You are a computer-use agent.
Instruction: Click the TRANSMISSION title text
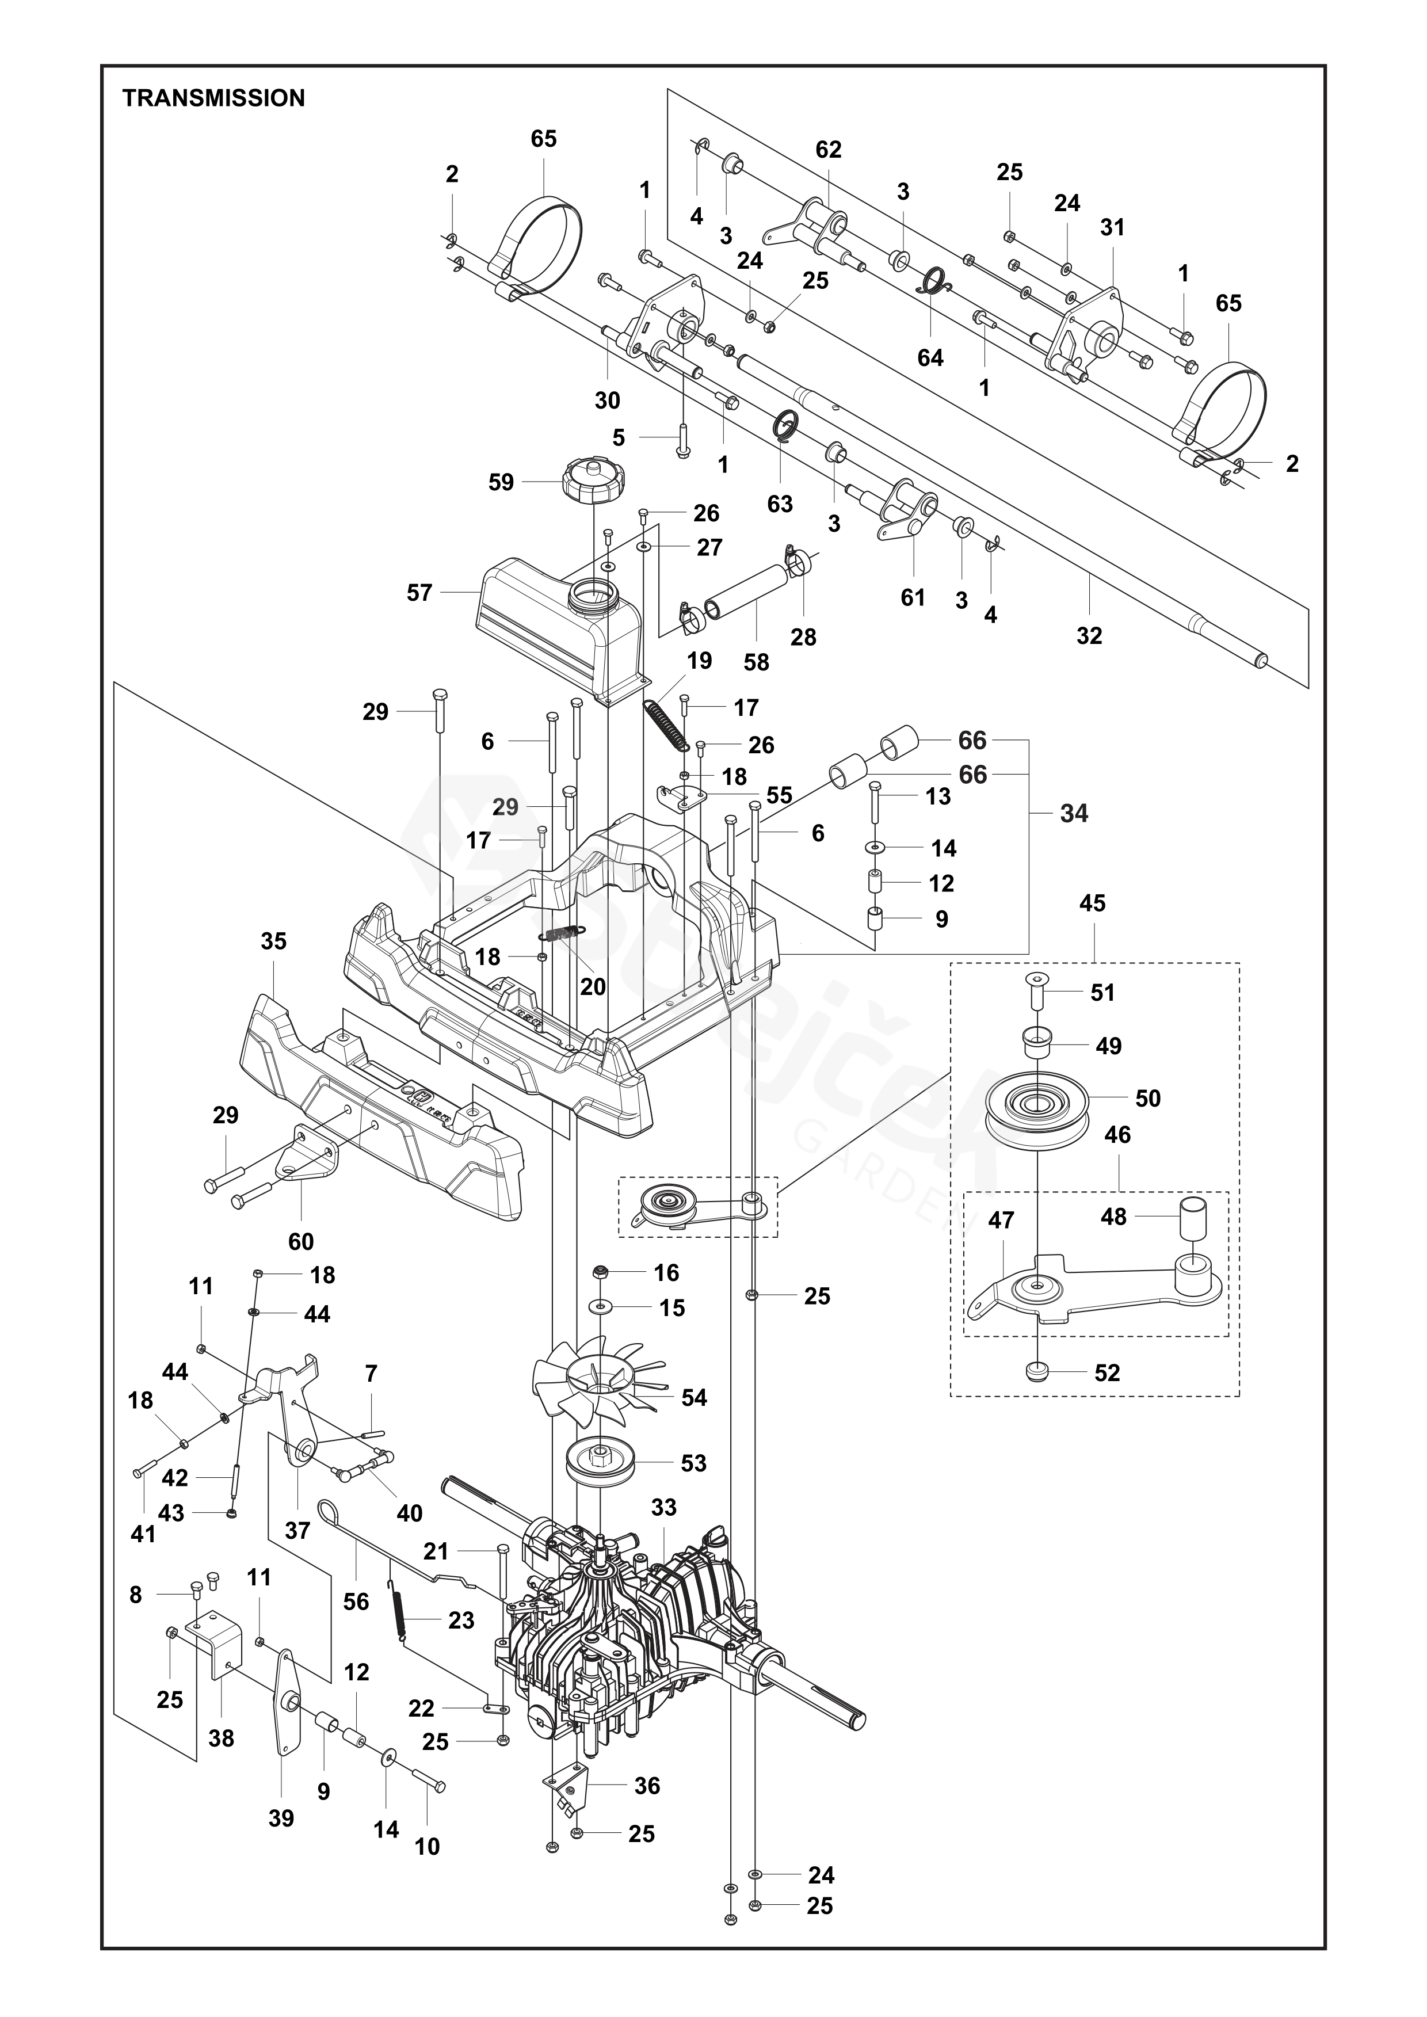pyautogui.click(x=213, y=98)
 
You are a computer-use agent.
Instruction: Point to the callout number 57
pyautogui.click(x=419, y=593)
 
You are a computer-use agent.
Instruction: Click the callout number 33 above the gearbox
pyautogui.click(x=663, y=1507)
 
